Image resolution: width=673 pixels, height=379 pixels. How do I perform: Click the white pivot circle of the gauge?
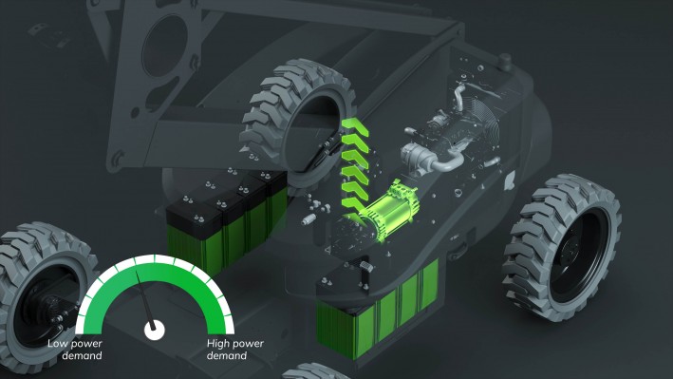[152, 330]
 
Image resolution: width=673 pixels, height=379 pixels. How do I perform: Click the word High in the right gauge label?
[222, 343]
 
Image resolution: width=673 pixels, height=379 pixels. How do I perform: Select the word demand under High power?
[227, 356]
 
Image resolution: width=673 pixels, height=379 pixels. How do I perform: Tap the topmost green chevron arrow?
[356, 129]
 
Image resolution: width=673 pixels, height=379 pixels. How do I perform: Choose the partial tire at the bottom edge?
[319, 370]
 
